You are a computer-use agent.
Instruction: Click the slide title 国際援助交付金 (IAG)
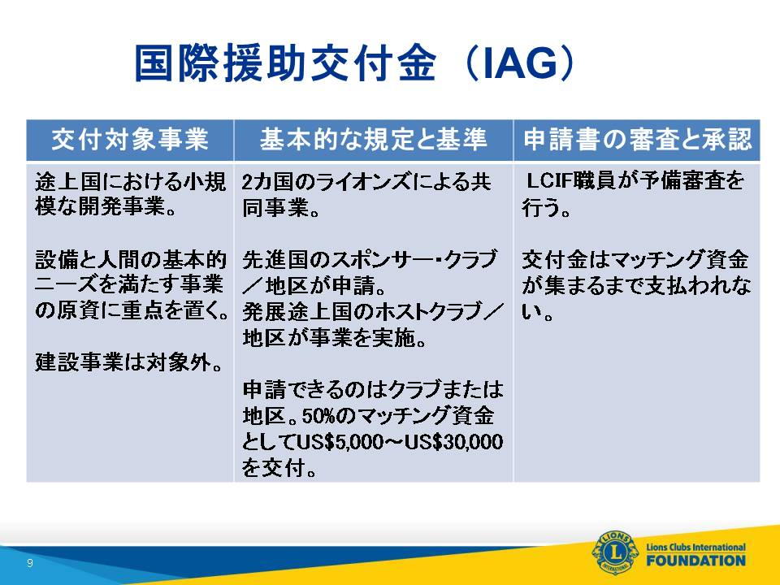[354, 63]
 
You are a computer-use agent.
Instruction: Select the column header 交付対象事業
[130, 139]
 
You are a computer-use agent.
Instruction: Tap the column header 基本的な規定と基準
[373, 139]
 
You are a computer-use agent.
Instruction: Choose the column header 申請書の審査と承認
[637, 139]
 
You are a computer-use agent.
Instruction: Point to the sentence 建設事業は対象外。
[129, 362]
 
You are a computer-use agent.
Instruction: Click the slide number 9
[30, 562]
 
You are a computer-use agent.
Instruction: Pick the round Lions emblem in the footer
[615, 552]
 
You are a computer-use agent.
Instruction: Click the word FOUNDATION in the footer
[696, 561]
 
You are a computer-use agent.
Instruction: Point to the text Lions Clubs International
[696, 547]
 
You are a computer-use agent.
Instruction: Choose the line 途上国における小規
[130, 181]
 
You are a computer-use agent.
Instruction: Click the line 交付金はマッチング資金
[635, 259]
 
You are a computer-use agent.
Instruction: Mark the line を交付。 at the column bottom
[279, 468]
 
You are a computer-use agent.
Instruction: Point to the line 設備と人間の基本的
[130, 259]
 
